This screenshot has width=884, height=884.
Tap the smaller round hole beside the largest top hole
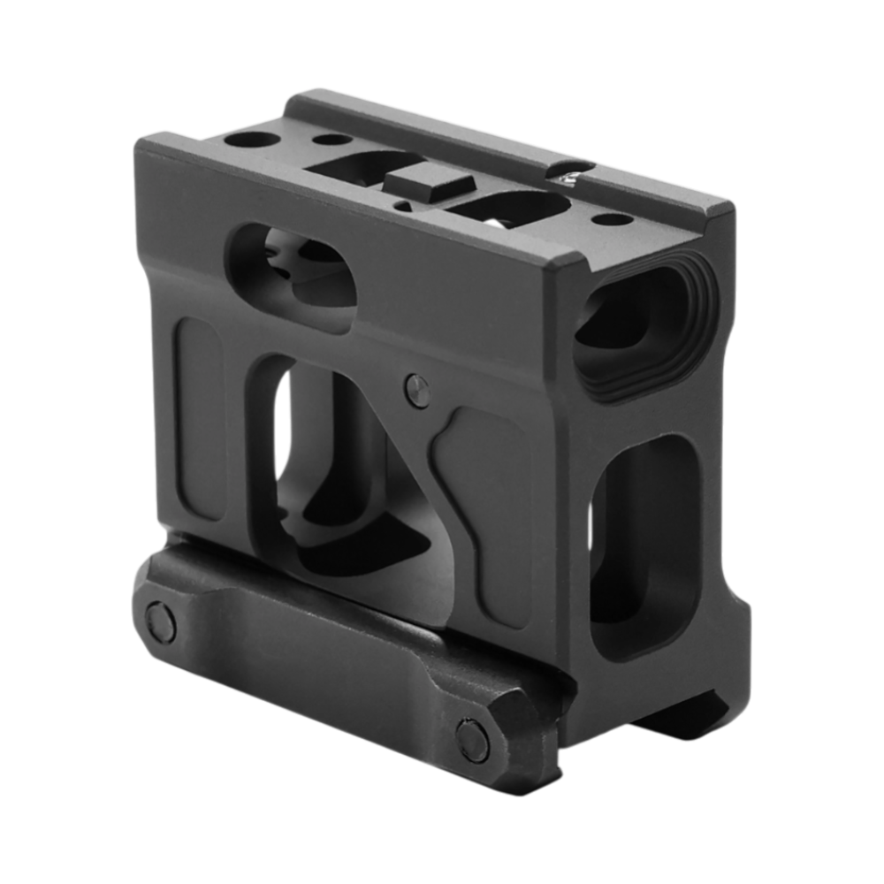(x=329, y=139)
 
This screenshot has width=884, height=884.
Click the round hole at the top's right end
(x=605, y=217)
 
